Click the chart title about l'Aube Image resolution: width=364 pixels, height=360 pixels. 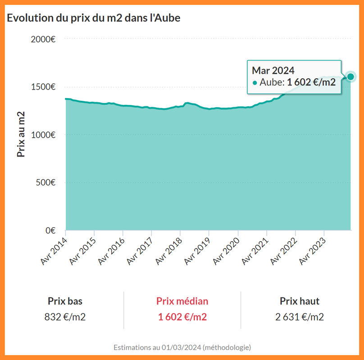pyautogui.click(x=94, y=18)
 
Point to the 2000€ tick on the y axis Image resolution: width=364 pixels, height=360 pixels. pyautogui.click(x=43, y=39)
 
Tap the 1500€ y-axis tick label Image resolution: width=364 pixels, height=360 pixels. pyautogui.click(x=43, y=87)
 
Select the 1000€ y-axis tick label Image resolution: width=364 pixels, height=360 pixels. pyautogui.click(x=43, y=135)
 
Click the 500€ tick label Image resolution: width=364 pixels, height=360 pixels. pyautogui.click(x=45, y=182)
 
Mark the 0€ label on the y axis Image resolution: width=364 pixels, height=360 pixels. pyautogui.click(x=49, y=230)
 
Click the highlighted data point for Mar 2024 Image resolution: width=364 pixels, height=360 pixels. pyautogui.click(x=350, y=76)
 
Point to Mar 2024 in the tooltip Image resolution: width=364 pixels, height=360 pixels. pyautogui.click(x=273, y=70)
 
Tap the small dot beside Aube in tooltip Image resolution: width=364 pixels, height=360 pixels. pyautogui.click(x=255, y=83)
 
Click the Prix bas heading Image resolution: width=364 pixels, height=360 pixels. pyautogui.click(x=65, y=301)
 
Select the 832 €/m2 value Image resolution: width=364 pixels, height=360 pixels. pyautogui.click(x=65, y=317)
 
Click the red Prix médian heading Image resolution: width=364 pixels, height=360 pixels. pyautogui.click(x=182, y=301)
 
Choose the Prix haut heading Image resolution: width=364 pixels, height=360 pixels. pyautogui.click(x=300, y=301)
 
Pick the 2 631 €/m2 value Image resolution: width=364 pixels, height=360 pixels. pyautogui.click(x=300, y=317)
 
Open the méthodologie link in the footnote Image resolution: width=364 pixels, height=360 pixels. pyautogui.click(x=227, y=347)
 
